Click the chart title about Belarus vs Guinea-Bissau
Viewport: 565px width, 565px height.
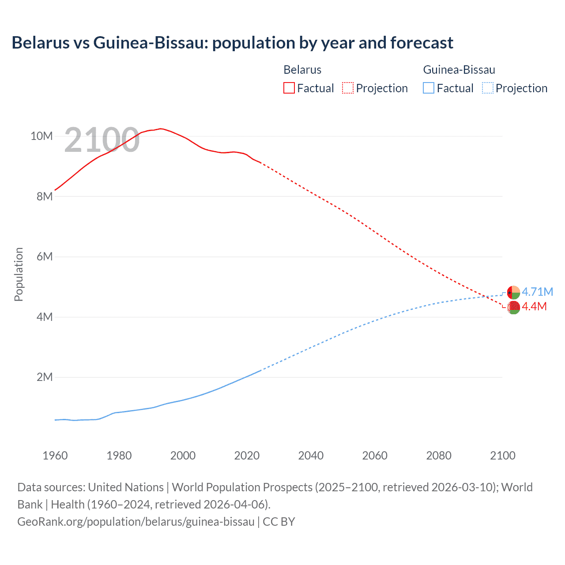[x=232, y=43]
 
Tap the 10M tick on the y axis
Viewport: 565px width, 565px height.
[x=41, y=136]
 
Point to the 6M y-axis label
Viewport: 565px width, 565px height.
[x=45, y=256]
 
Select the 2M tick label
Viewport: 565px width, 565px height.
[x=45, y=377]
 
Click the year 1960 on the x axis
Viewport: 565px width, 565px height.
[x=55, y=456]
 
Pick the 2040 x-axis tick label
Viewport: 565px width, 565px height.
[x=311, y=456]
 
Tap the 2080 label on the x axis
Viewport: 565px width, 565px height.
[x=439, y=456]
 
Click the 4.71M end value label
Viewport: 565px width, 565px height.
[x=537, y=292]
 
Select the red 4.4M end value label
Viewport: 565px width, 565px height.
[x=534, y=306]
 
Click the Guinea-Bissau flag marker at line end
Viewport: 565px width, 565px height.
[x=513, y=292]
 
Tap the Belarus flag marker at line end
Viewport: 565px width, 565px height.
[x=513, y=307]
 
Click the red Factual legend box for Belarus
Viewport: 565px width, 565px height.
[x=289, y=88]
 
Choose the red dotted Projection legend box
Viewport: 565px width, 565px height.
[x=348, y=88]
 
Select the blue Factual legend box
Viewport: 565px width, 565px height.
[x=429, y=88]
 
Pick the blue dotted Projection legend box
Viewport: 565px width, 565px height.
[x=487, y=88]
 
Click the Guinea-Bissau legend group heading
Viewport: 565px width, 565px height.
[x=459, y=70]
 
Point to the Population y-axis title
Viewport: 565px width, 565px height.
[x=19, y=274]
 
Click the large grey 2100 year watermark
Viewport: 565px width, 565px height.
[x=102, y=140]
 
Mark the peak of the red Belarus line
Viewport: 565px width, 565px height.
[x=161, y=128]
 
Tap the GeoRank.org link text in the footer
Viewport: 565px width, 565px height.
[x=136, y=522]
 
